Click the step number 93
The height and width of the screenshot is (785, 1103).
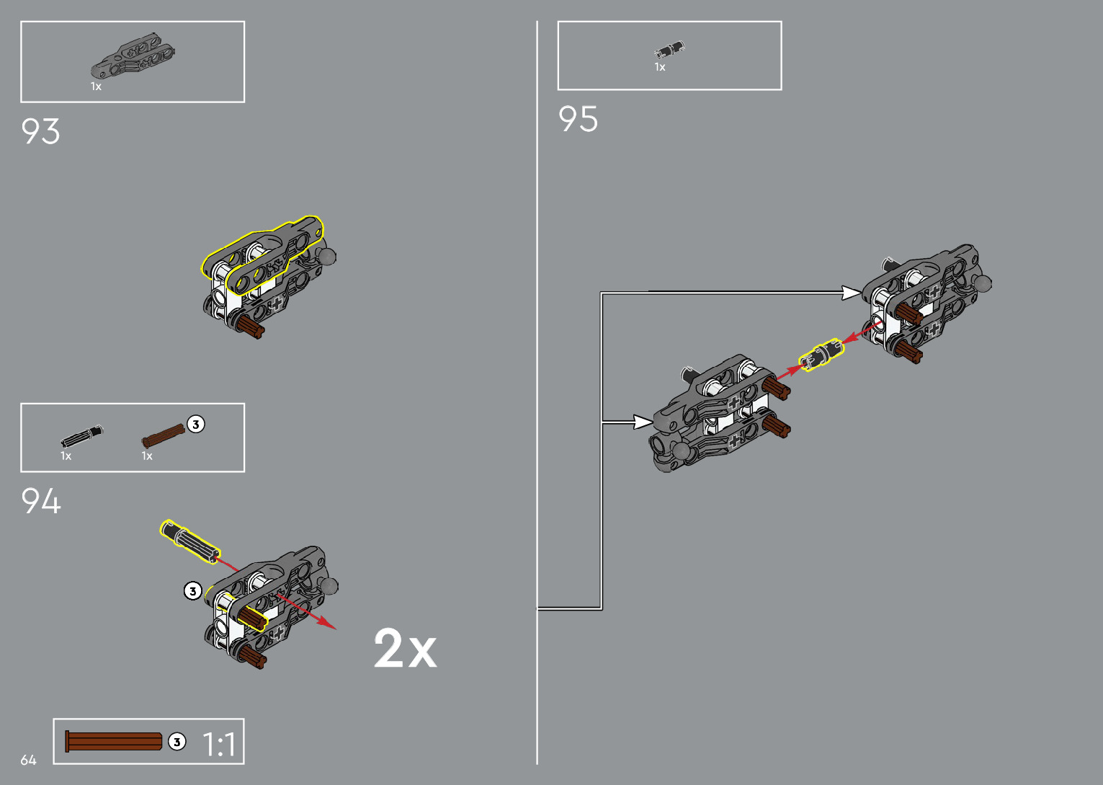pyautogui.click(x=40, y=131)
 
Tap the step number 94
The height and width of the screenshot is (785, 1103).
pyautogui.click(x=41, y=501)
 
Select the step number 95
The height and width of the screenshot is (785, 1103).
pyautogui.click(x=578, y=119)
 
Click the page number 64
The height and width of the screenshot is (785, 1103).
pyautogui.click(x=28, y=760)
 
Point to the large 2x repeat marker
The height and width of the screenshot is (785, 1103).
pyautogui.click(x=405, y=649)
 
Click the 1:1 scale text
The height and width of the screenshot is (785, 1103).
pyautogui.click(x=219, y=745)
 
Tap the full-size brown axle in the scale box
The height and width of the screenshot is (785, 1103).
pyautogui.click(x=114, y=741)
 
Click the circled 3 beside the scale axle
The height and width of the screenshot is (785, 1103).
pyautogui.click(x=177, y=742)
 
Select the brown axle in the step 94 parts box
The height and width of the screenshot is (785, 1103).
pyautogui.click(x=163, y=435)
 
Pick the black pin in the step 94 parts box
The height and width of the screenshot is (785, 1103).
pyautogui.click(x=81, y=436)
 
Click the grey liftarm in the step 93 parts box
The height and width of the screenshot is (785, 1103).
pyautogui.click(x=133, y=56)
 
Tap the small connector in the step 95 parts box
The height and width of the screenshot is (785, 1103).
pyautogui.click(x=669, y=50)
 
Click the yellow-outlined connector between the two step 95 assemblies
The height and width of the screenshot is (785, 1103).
pyautogui.click(x=820, y=355)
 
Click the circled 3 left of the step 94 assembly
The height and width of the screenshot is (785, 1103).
pyautogui.click(x=192, y=591)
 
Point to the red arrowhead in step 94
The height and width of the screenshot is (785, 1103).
pyautogui.click(x=329, y=624)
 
